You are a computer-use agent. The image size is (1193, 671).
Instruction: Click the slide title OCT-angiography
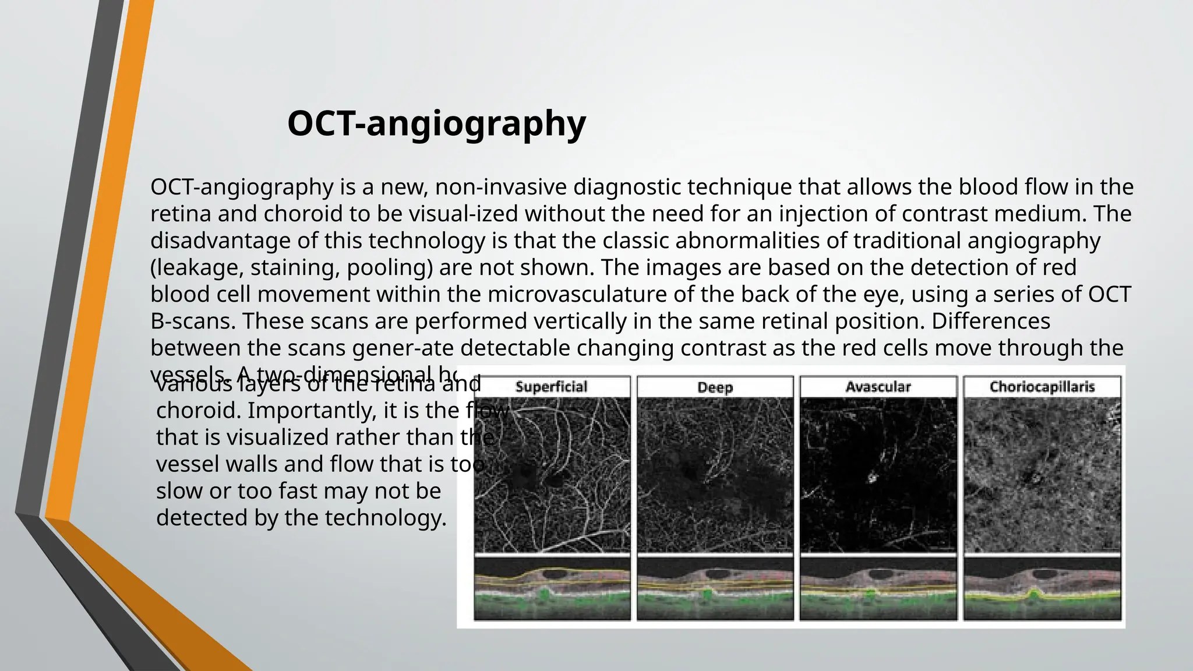(x=436, y=123)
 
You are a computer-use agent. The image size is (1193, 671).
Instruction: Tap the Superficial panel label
(x=551, y=387)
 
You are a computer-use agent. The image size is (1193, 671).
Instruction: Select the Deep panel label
(x=715, y=387)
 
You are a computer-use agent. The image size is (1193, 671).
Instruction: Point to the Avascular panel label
(x=878, y=387)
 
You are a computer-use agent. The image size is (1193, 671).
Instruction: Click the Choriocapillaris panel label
(x=1042, y=387)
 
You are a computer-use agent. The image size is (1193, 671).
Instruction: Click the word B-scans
(x=192, y=321)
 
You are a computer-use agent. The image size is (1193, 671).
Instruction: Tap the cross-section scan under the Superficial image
(x=552, y=588)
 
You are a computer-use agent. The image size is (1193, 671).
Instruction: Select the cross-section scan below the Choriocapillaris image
(x=1042, y=588)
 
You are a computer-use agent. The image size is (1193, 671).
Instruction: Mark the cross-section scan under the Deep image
(x=715, y=588)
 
